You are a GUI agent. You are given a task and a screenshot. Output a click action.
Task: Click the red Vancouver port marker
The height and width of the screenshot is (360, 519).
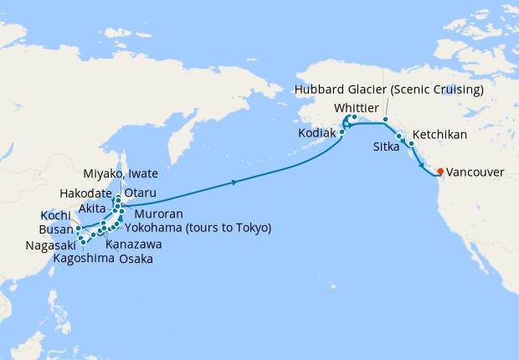[440, 172]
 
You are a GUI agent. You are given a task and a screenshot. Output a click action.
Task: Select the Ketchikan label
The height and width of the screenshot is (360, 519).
[439, 134]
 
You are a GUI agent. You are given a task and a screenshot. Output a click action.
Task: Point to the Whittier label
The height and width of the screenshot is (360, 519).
[362, 108]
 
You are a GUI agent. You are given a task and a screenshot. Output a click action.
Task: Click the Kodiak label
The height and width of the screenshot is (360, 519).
[317, 133]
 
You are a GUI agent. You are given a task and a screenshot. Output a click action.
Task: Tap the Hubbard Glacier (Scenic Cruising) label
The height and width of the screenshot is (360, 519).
[390, 89]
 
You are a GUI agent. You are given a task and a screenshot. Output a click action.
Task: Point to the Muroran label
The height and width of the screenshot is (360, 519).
[152, 213]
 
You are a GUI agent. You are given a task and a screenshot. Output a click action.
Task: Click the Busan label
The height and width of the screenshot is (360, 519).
[55, 229]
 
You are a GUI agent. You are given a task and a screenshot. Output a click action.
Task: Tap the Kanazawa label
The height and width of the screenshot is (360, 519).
[135, 244]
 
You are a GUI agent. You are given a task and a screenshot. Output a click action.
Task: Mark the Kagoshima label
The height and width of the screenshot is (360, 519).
[83, 259]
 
